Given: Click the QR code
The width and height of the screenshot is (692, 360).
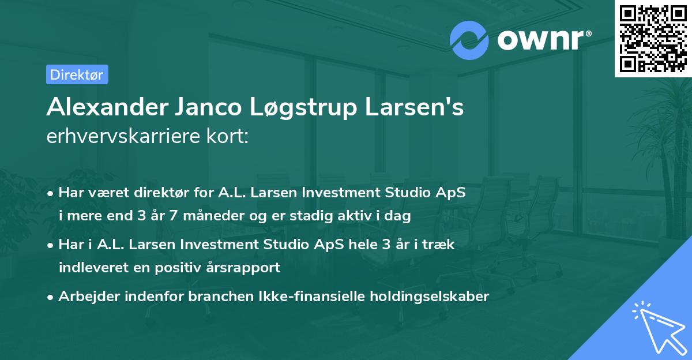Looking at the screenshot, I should coord(653,38).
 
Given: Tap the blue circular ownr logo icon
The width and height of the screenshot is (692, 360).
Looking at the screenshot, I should coord(469,40).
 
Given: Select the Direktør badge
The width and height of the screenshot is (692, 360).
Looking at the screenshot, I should coord(77,74).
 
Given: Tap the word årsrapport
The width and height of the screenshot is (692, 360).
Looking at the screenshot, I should coord(247,268).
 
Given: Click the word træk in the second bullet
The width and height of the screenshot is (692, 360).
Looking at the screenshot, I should coord(441,245).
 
